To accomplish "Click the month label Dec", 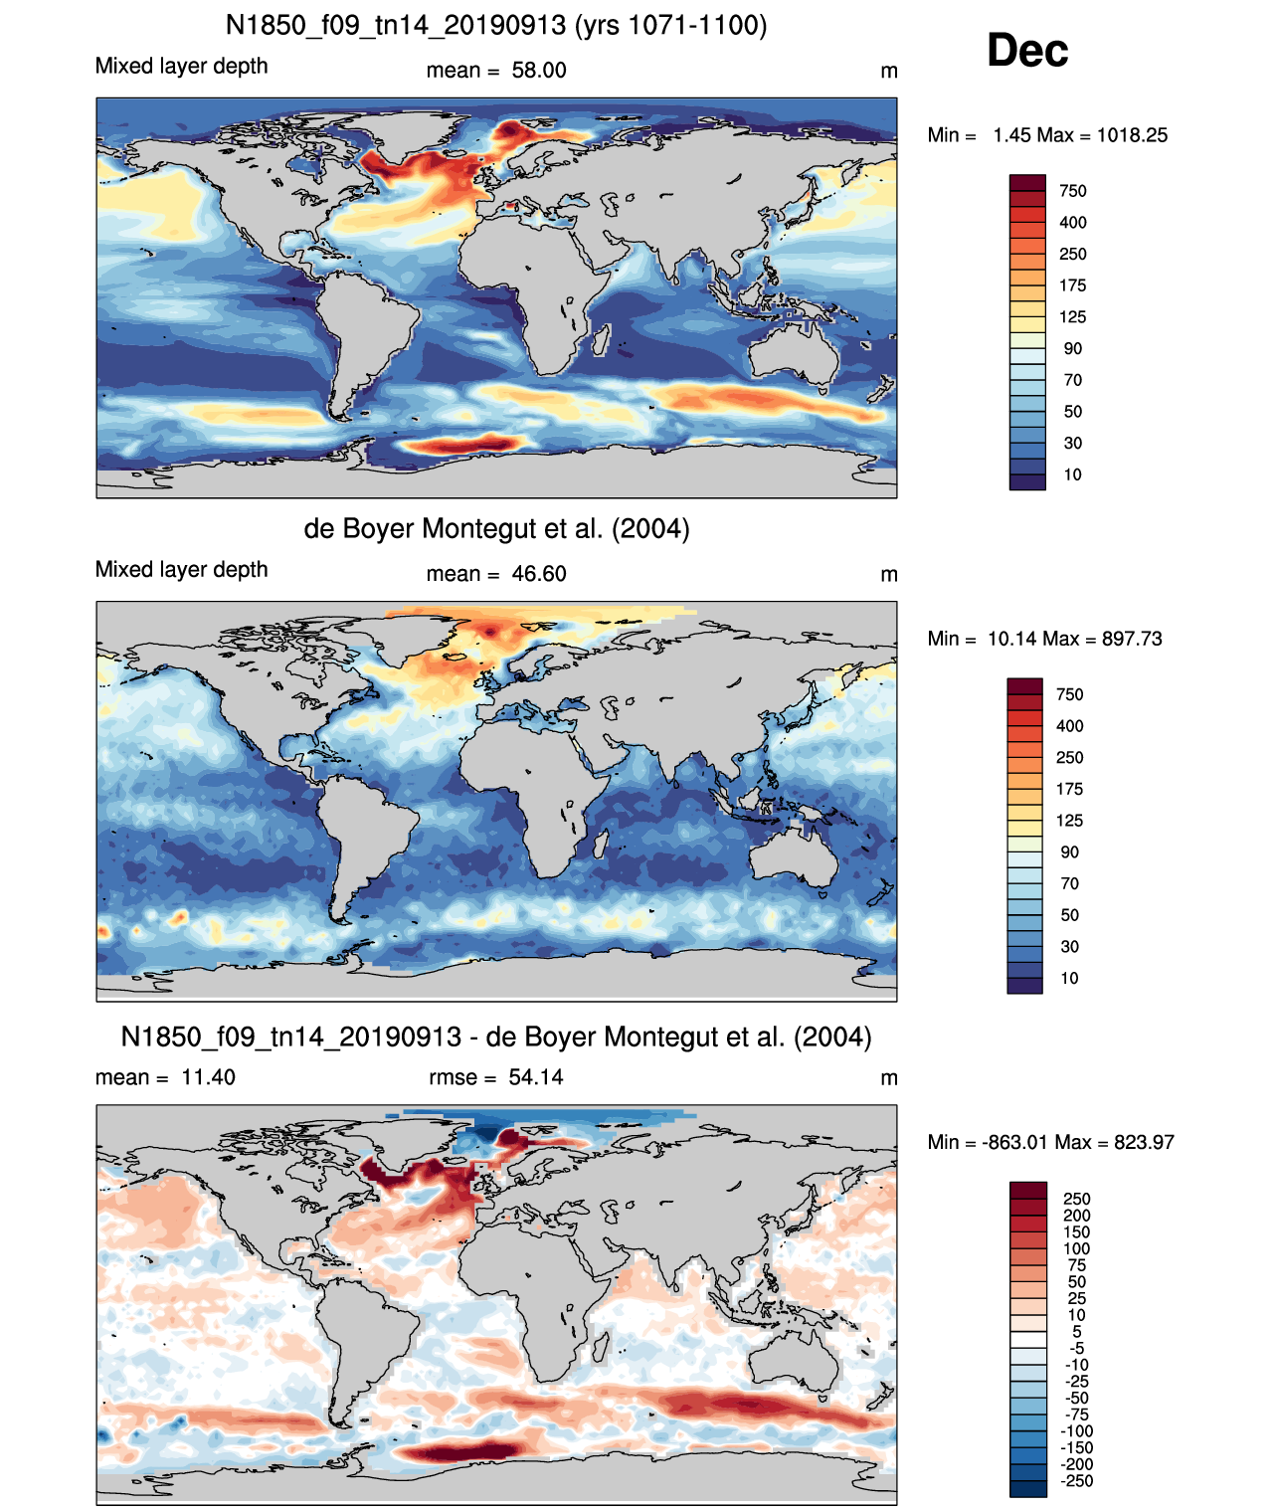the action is (1026, 51).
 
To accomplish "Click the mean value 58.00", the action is (538, 71).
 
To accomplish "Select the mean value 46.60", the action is (538, 574).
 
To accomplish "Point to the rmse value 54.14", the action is (536, 1076).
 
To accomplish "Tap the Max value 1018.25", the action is (1132, 135).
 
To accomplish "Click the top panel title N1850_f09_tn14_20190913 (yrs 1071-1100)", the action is (496, 26).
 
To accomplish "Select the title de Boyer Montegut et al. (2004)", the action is (496, 528).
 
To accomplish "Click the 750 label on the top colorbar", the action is (1073, 191).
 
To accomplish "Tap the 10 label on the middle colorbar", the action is (1069, 978).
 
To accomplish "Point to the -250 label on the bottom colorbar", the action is (1077, 1481).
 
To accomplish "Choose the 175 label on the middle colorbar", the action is (1069, 789).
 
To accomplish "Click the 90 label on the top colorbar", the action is (1073, 349).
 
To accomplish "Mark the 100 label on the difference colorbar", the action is (1077, 1248).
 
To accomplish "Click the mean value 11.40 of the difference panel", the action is (208, 1076).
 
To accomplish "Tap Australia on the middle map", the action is (794, 856).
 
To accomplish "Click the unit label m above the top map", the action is (888, 72).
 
